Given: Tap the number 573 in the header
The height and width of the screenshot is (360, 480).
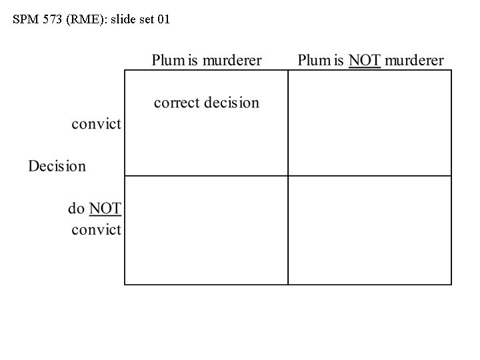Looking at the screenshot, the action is tap(53, 19).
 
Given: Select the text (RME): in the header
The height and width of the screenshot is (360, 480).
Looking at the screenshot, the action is tap(85, 19).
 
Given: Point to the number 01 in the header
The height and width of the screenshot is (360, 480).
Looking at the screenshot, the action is tap(163, 19).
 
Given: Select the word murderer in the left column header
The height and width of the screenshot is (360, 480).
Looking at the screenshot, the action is tap(232, 61).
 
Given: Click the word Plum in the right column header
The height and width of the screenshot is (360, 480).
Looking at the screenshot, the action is tap(313, 61).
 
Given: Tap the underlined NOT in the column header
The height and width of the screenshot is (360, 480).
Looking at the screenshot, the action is tap(365, 61).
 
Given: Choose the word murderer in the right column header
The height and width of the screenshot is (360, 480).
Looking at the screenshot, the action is tap(414, 61).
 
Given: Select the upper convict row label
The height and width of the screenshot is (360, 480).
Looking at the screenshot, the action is tap(97, 124).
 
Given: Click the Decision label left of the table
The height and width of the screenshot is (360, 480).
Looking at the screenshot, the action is tap(57, 166).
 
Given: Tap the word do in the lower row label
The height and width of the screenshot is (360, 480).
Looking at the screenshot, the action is tap(77, 209).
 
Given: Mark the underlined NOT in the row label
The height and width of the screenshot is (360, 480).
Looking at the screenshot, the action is tap(105, 209).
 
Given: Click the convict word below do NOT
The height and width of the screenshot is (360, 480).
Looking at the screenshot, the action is tap(97, 231).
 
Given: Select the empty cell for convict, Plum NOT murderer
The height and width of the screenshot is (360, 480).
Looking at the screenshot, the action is tap(369, 123).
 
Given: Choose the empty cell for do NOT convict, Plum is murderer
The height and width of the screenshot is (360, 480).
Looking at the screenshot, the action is tap(206, 230).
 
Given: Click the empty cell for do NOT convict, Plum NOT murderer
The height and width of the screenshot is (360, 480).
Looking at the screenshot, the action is tap(369, 230).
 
